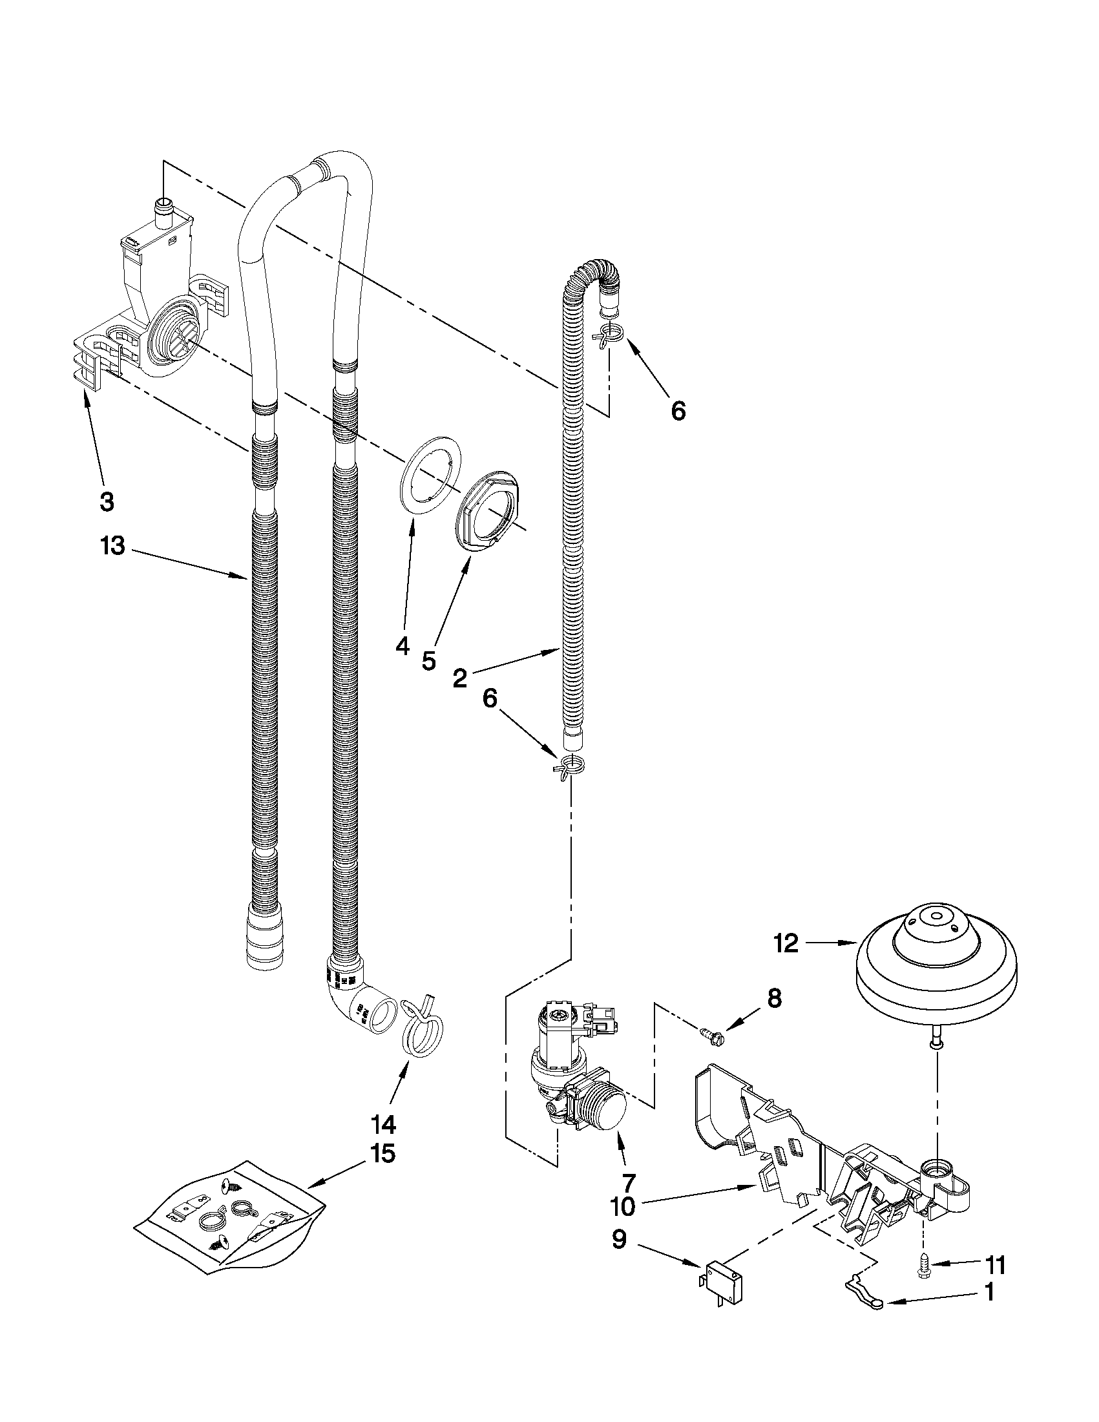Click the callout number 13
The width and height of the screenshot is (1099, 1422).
[x=112, y=546]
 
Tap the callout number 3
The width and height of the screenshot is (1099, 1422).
[x=107, y=501]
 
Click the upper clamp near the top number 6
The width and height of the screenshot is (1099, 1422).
[x=609, y=334]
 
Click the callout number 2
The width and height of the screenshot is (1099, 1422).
[x=459, y=678]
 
